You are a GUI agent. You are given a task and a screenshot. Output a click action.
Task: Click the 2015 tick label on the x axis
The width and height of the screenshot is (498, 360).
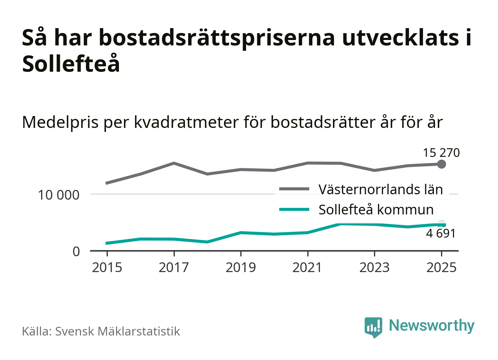pyautogui.click(x=107, y=268)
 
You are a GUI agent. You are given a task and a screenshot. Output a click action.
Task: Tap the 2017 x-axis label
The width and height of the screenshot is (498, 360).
pyautogui.click(x=174, y=268)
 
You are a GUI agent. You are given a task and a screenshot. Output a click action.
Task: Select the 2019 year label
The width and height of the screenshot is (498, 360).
pyautogui.click(x=241, y=268)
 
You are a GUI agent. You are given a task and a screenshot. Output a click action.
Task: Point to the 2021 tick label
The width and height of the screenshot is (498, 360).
pyautogui.click(x=307, y=268)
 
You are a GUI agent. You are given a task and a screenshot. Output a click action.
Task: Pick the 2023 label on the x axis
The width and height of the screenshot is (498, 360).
pyautogui.click(x=374, y=268)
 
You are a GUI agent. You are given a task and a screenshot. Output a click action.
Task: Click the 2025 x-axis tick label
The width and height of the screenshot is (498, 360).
pyautogui.click(x=441, y=268)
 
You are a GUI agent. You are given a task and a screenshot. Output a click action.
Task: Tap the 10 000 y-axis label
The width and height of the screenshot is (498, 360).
pyautogui.click(x=58, y=195)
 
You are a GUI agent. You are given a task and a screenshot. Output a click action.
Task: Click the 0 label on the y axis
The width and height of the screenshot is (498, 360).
pyautogui.click(x=76, y=252)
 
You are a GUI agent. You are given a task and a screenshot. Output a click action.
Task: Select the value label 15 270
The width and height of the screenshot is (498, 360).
pyautogui.click(x=441, y=153)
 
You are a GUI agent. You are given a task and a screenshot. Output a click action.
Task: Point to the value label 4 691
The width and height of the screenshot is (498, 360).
pyautogui.click(x=441, y=234)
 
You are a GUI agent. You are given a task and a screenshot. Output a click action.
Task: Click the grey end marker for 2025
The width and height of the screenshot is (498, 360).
pyautogui.click(x=441, y=164)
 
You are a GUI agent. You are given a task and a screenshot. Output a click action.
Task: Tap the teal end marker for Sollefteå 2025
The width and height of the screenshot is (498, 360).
pyautogui.click(x=441, y=225)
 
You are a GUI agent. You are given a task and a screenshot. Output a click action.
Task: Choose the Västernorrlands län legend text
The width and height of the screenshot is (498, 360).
pyautogui.click(x=381, y=190)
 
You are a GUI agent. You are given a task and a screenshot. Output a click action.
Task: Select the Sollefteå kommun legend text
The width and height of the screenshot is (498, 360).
pyautogui.click(x=376, y=210)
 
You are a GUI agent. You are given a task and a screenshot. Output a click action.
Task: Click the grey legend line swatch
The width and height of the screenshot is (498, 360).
pyautogui.click(x=294, y=189)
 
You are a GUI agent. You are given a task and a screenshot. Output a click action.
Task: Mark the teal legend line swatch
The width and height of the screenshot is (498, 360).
pyautogui.click(x=294, y=209)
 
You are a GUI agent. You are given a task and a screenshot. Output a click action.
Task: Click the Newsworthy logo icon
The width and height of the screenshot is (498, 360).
pyautogui.click(x=373, y=327)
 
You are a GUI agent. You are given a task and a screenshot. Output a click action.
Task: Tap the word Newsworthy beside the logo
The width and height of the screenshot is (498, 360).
pyautogui.click(x=431, y=325)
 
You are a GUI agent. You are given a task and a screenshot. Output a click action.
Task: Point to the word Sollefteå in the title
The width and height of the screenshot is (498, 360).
pyautogui.click(x=71, y=64)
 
